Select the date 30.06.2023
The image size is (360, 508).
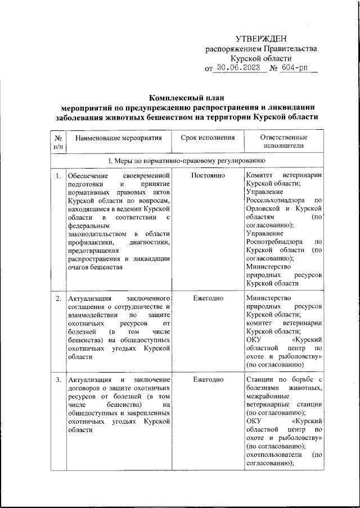[x=240, y=69]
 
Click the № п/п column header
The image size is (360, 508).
[x=58, y=142]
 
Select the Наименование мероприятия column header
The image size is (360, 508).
[x=119, y=137]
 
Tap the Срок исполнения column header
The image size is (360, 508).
[x=208, y=137]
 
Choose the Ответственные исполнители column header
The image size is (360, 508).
[x=283, y=142]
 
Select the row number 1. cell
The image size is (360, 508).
[x=58, y=176]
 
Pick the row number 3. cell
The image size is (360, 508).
[x=58, y=380]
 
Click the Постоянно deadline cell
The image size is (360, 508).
[x=208, y=176]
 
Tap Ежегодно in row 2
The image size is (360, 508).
[x=208, y=298]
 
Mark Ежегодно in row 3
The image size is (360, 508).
[x=208, y=380]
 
